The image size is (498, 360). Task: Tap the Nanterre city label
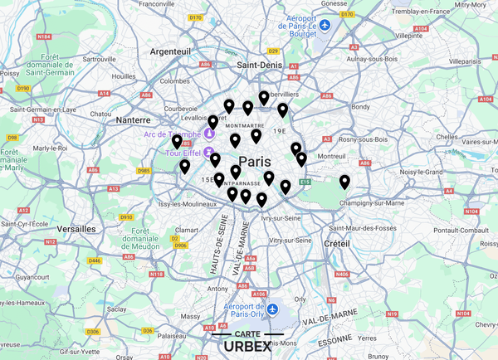click(x=133, y=119)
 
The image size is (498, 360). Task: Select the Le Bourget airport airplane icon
click(x=326, y=26)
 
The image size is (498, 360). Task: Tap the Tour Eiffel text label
click(x=184, y=153)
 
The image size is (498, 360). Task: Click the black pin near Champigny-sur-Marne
click(x=344, y=182)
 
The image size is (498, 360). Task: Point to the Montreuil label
click(x=331, y=156)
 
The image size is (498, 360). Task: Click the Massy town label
click(x=190, y=316)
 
